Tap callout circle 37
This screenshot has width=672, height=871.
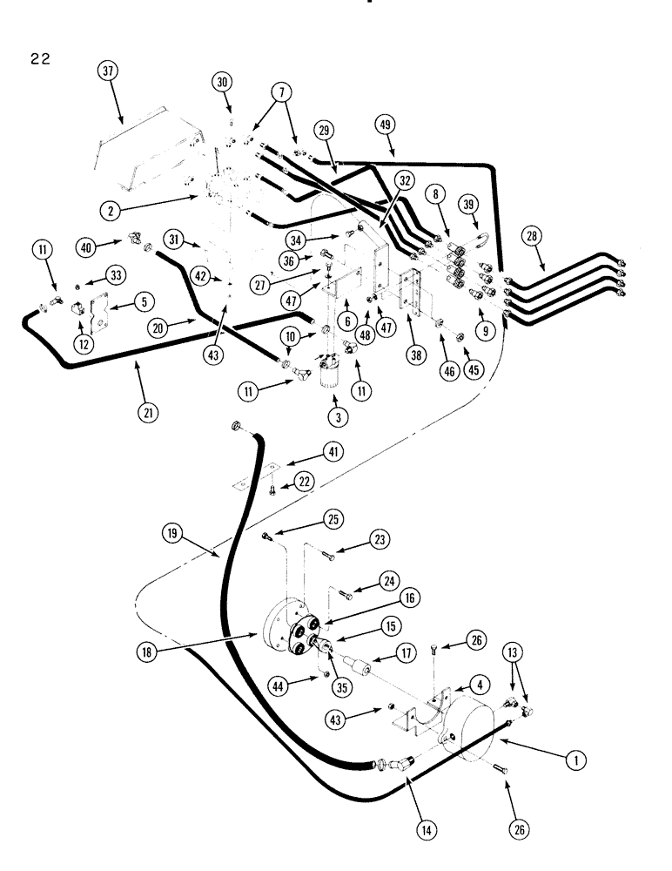point(108,74)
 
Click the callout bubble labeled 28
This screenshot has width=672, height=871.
point(532,236)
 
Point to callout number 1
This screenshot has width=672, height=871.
point(572,760)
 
